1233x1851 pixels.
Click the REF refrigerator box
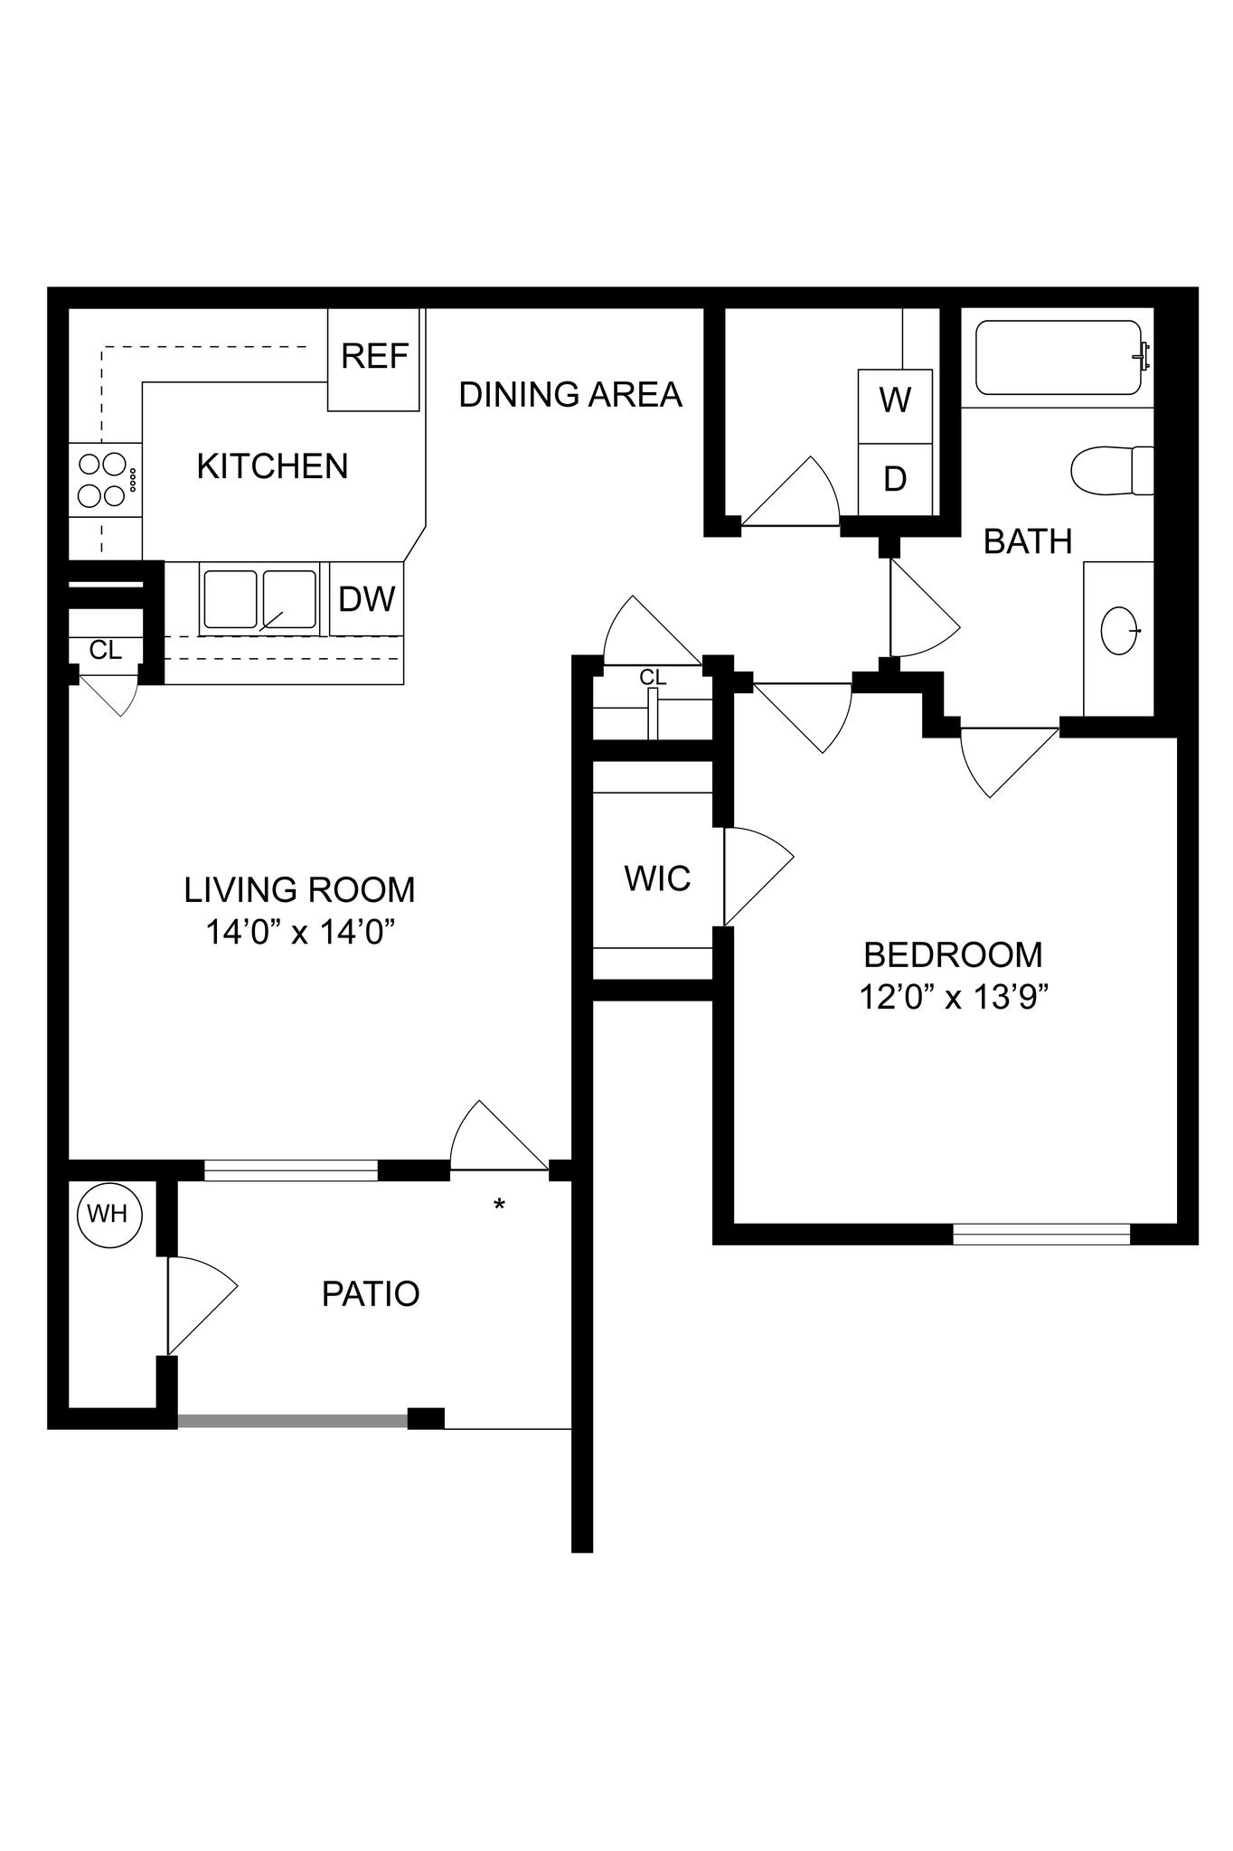click(373, 359)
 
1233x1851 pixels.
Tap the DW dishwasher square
click(366, 598)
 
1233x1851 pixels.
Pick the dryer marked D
click(895, 479)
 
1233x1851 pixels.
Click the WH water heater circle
click(108, 1214)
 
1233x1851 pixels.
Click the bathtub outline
click(1058, 358)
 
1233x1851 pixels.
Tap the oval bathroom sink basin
click(1120, 630)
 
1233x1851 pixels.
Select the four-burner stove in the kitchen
click(103, 479)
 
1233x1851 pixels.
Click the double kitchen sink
click(259, 599)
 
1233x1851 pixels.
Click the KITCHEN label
click(272, 466)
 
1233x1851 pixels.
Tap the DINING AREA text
click(569, 395)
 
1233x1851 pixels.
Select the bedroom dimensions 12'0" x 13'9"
click(953, 998)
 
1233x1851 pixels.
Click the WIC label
click(657, 879)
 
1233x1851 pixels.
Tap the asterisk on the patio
click(498, 1206)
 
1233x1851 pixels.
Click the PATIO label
click(371, 1294)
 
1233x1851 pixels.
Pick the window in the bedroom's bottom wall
click(1041, 1234)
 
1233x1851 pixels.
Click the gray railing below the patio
click(292, 1421)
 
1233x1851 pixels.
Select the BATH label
click(1028, 541)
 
